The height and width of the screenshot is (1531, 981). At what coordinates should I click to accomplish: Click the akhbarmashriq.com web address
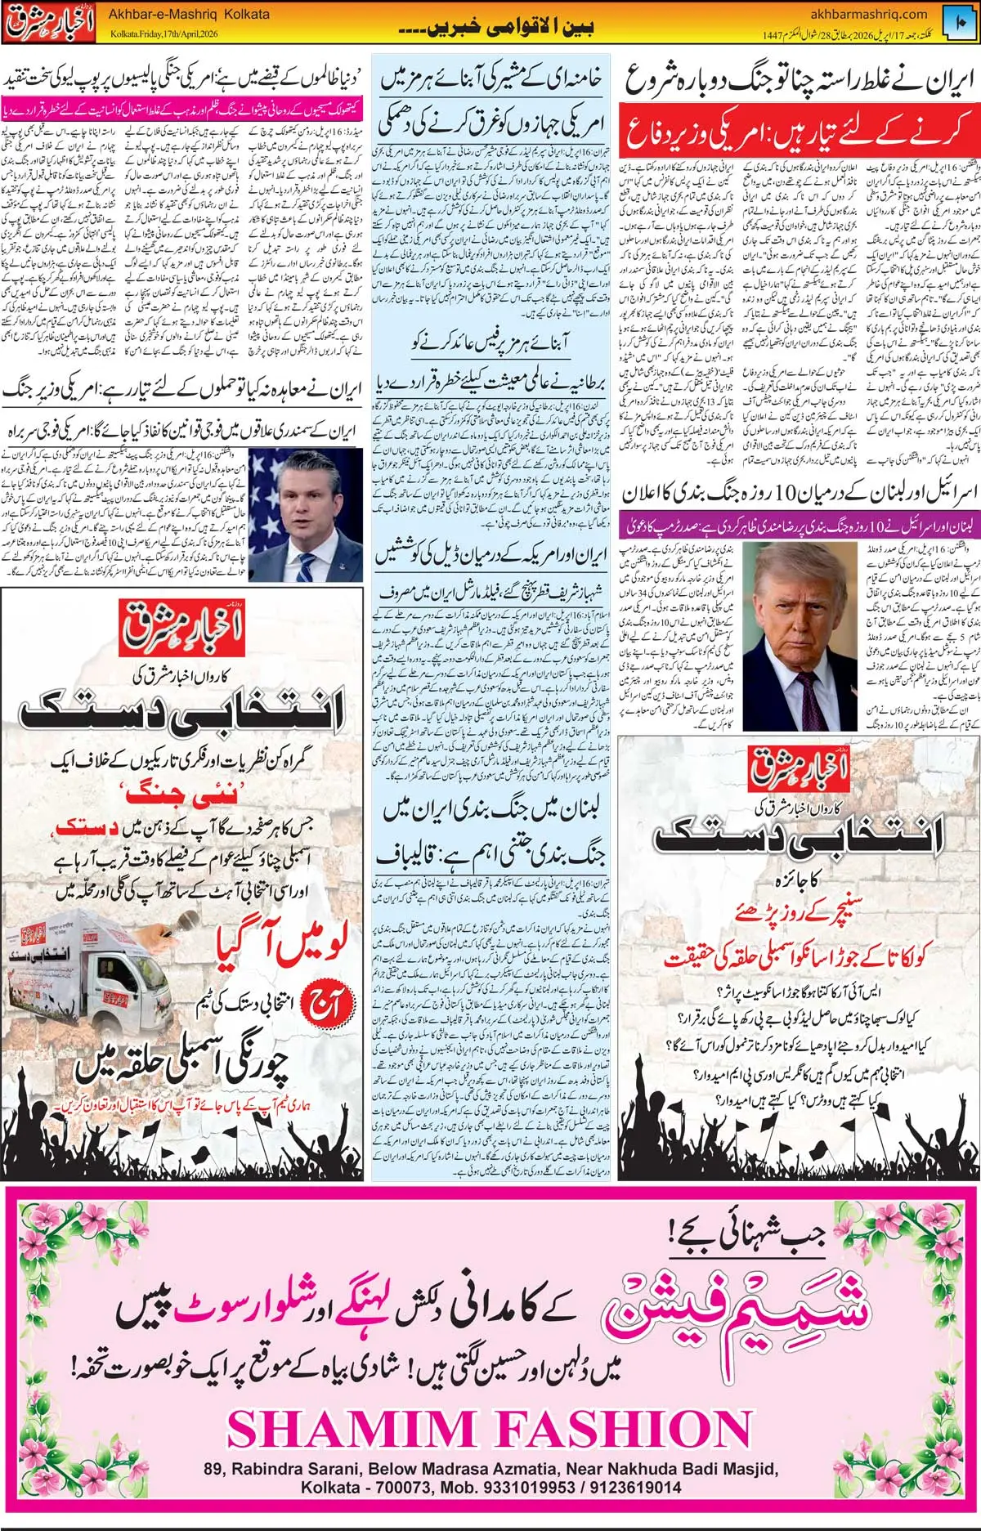pyautogui.click(x=868, y=14)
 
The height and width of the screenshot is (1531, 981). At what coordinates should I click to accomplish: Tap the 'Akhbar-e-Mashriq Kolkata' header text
pyautogui.click(x=189, y=14)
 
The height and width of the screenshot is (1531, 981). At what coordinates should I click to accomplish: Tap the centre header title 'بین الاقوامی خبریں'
pyautogui.click(x=496, y=27)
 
